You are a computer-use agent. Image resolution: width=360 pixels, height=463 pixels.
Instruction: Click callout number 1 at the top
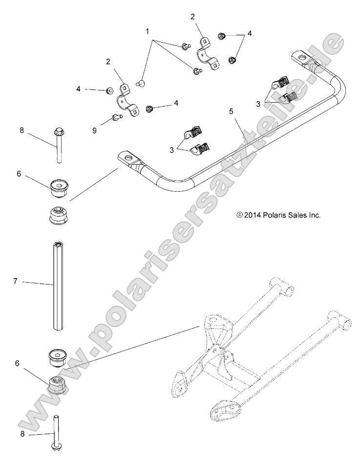tap(147, 31)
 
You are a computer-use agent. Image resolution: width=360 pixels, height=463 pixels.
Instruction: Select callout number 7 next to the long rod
tap(15, 281)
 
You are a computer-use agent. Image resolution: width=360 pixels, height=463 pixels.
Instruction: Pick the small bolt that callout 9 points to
tap(115, 116)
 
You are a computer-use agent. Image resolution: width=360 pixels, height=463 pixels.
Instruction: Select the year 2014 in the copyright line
tap(253, 215)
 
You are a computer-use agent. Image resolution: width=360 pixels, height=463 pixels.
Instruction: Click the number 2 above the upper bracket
tap(192, 17)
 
